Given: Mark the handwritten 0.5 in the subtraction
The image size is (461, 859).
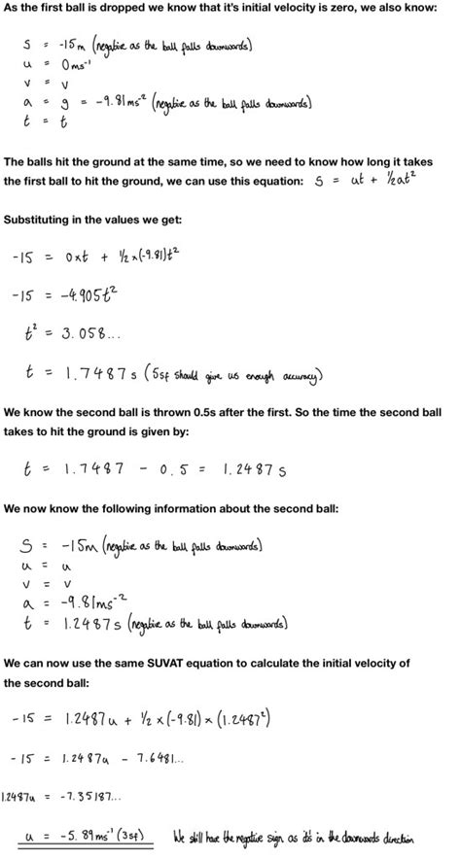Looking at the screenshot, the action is click(x=177, y=469).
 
